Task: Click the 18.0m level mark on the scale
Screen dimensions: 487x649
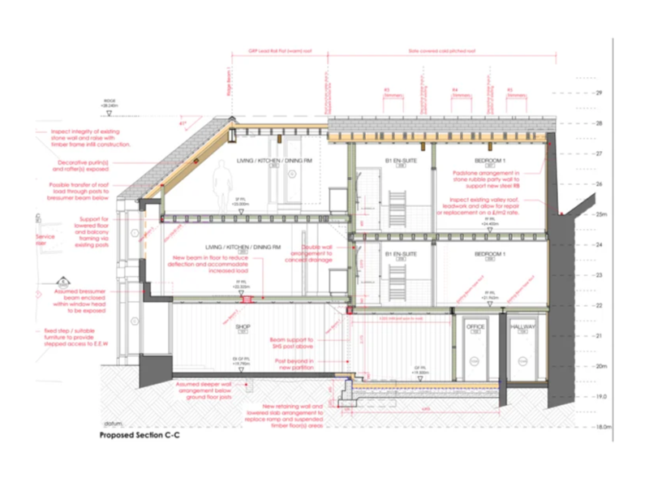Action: tap(602, 426)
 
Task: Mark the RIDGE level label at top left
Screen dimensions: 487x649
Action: tap(110, 104)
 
